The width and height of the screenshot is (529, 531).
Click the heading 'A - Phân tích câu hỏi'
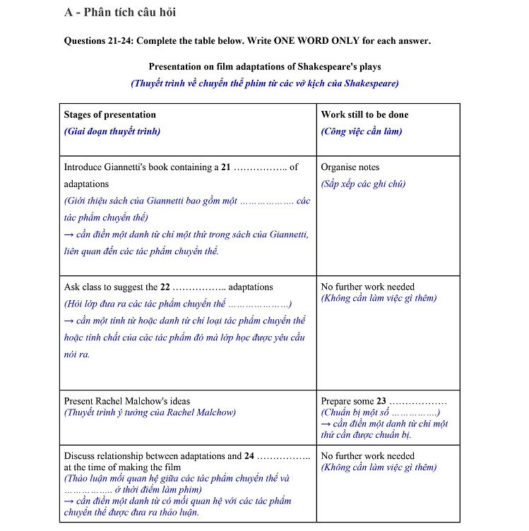point(119,12)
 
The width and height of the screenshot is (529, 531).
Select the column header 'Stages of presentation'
point(109,114)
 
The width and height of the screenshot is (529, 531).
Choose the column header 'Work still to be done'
point(364,114)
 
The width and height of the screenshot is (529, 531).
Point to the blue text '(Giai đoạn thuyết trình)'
point(112,131)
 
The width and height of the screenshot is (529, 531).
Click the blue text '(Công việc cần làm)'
point(362,131)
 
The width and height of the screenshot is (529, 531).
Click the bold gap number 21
point(226,167)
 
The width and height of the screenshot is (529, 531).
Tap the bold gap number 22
point(165,287)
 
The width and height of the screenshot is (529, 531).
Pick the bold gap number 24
point(249,456)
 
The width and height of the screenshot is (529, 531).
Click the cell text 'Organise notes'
point(350,167)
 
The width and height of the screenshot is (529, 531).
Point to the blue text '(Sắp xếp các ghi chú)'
point(363,184)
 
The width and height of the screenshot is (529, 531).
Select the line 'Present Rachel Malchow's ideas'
point(126,401)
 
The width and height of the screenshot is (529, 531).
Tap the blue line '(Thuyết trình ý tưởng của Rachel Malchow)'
point(150,412)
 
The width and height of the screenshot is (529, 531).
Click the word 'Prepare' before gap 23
point(337,401)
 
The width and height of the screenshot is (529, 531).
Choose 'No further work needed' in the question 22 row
point(367,287)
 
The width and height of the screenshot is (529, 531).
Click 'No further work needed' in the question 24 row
point(367,456)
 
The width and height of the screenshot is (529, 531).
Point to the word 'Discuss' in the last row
point(79,456)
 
